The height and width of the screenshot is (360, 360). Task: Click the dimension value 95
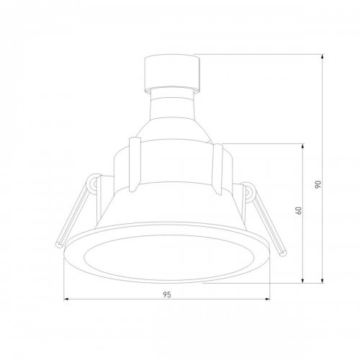[x=166, y=294]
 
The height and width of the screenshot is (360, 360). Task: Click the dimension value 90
[x=318, y=184]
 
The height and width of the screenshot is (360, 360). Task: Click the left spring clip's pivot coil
[x=94, y=186]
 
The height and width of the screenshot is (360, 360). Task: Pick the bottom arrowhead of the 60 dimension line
[x=302, y=281]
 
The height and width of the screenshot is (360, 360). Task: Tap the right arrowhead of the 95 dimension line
[x=270, y=299]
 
